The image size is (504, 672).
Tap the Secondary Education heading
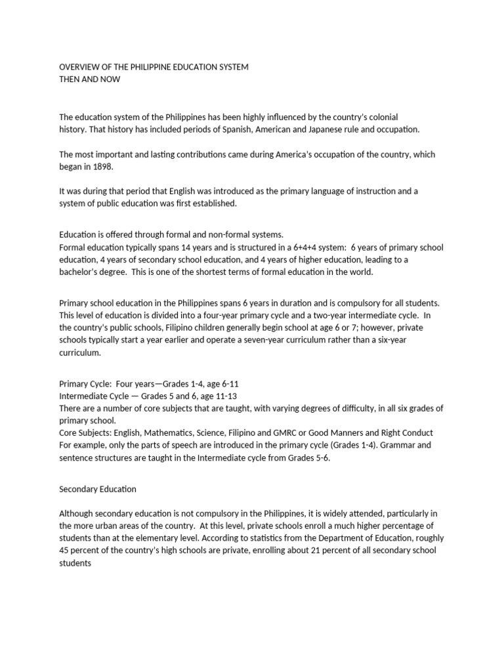(x=98, y=489)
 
